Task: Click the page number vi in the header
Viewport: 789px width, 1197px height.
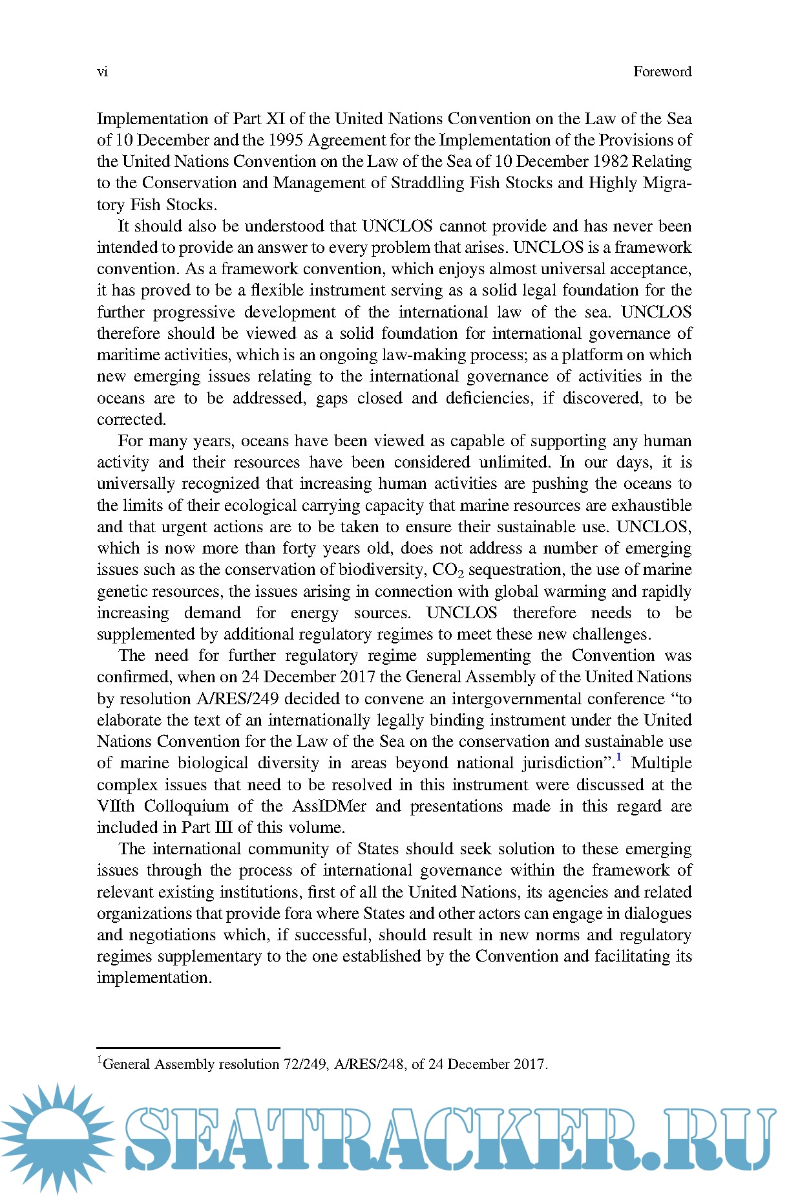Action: tap(102, 72)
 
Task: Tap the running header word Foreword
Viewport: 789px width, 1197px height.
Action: tap(662, 72)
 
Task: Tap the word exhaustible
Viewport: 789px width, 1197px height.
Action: tap(651, 506)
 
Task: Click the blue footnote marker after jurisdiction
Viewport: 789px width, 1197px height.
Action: tap(619, 758)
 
